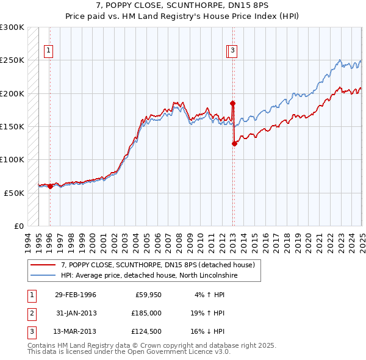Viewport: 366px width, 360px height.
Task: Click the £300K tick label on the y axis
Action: (13, 27)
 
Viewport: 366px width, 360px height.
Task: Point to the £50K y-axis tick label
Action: (15, 193)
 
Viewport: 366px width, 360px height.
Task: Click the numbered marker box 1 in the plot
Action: (48, 51)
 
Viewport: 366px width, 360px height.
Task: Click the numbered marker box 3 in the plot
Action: (234, 51)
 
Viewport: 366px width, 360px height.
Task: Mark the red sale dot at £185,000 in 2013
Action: (232, 103)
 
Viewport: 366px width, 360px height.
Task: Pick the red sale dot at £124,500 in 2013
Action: (234, 143)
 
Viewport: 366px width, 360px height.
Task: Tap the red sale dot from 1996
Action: (50, 186)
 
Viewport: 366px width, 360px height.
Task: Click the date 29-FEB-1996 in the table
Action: (76, 295)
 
